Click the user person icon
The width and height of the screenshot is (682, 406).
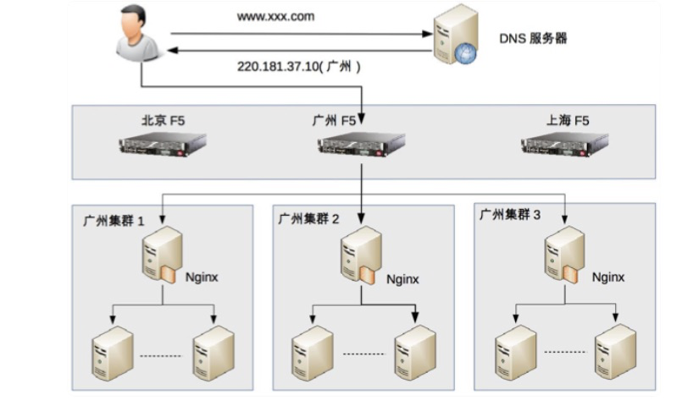click(x=137, y=33)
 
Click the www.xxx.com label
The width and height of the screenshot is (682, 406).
click(x=275, y=17)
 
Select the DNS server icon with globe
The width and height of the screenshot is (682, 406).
click(x=456, y=35)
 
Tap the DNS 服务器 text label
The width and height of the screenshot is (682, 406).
click(x=533, y=38)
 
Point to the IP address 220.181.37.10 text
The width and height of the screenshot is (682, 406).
click(x=279, y=67)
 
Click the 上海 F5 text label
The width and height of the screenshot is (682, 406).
click(x=568, y=120)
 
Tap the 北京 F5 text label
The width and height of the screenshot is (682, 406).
click(x=164, y=120)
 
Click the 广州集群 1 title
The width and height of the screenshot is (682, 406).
click(x=113, y=221)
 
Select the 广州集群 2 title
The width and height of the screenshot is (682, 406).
click(x=308, y=218)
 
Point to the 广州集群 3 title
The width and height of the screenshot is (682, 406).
click(x=510, y=214)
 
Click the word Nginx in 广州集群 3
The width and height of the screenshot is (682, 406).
click(x=608, y=277)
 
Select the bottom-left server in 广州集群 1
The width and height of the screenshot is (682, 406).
click(x=113, y=354)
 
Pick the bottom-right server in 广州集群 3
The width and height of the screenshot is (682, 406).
click(x=615, y=352)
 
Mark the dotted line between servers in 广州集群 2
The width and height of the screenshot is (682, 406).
click(x=364, y=354)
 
